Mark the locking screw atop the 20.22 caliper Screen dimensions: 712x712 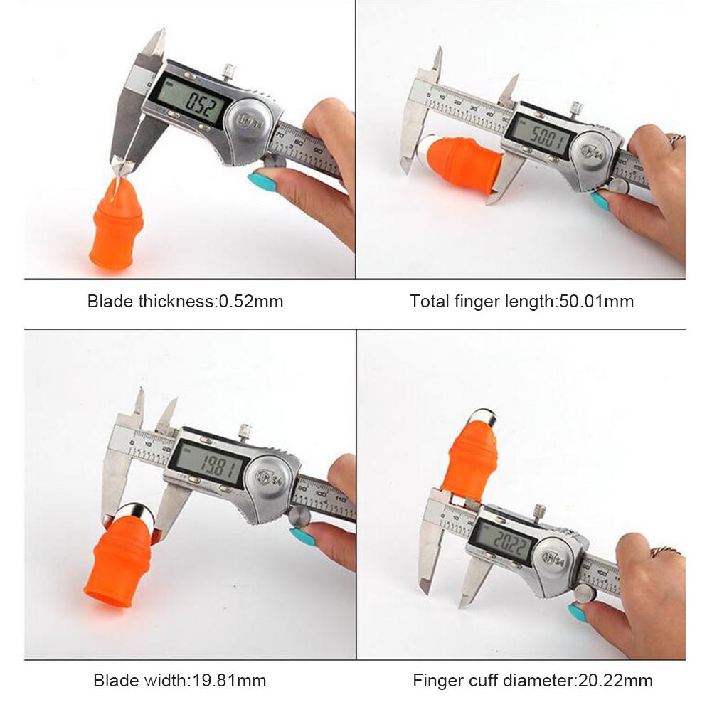[x=538, y=511]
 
